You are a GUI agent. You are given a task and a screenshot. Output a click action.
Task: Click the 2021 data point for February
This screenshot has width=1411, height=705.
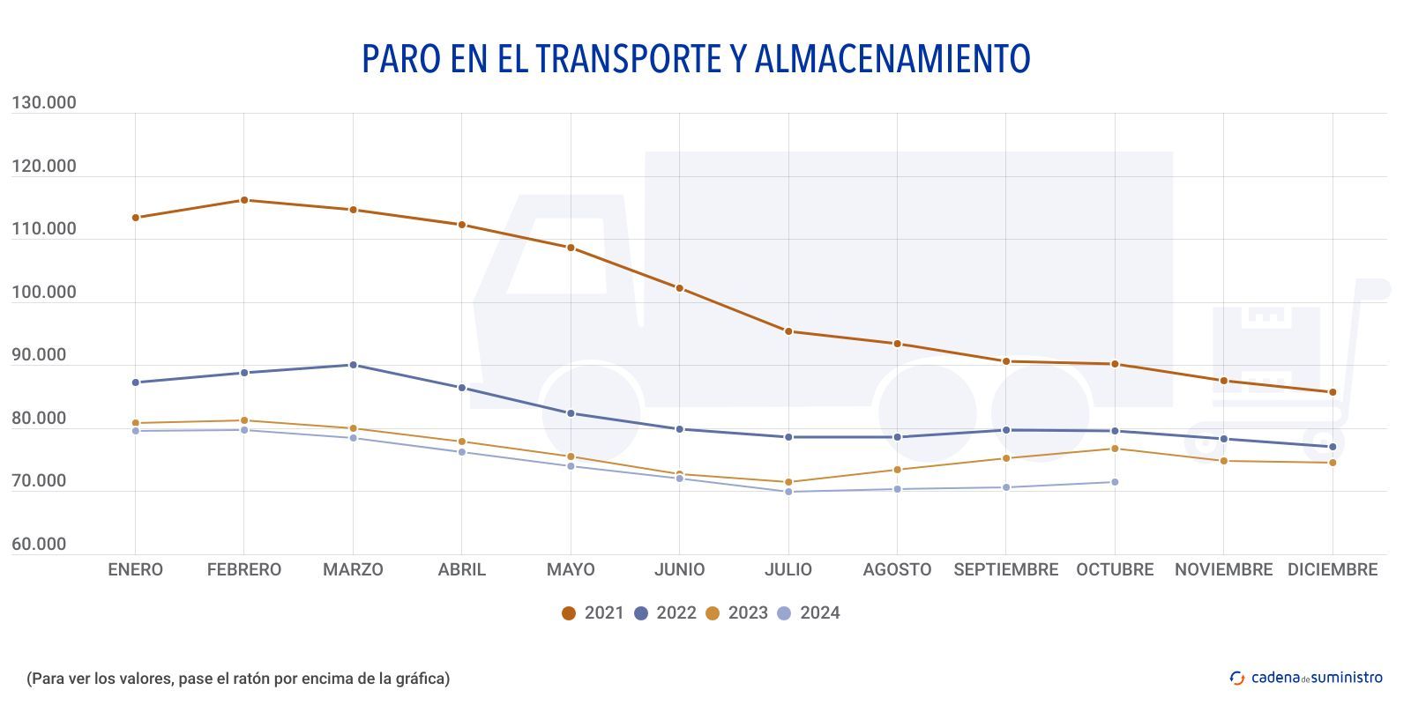(x=244, y=200)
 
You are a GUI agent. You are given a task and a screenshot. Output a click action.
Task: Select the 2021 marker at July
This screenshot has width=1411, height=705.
(x=788, y=331)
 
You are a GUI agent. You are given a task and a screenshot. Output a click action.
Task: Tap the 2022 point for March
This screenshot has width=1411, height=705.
(x=353, y=365)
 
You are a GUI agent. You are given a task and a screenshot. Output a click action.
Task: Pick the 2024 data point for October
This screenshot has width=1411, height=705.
(x=1115, y=482)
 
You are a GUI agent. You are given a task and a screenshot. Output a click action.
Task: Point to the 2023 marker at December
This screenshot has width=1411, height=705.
(x=1333, y=463)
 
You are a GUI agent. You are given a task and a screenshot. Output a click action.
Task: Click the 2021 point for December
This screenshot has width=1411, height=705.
(x=1333, y=392)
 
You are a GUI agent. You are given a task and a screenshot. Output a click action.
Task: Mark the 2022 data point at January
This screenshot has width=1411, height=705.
(x=135, y=382)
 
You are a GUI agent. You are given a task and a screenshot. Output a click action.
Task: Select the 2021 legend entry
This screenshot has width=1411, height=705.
(x=593, y=613)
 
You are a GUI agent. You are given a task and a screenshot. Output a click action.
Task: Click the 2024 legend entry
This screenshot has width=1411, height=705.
(x=809, y=613)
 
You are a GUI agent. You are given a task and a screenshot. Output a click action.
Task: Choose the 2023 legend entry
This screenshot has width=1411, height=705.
(x=736, y=613)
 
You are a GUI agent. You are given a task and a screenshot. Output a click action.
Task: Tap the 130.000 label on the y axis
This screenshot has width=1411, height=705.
(x=44, y=103)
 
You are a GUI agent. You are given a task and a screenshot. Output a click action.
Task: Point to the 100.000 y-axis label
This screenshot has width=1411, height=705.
(x=44, y=293)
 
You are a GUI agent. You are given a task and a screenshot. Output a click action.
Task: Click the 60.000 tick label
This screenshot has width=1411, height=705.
(x=39, y=545)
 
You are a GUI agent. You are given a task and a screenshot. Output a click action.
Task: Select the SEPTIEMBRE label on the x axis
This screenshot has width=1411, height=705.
(x=1005, y=570)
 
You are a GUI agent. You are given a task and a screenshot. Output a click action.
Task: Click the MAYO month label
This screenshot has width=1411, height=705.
(x=571, y=570)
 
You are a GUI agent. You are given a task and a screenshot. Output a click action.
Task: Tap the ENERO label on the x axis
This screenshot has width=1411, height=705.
(x=135, y=570)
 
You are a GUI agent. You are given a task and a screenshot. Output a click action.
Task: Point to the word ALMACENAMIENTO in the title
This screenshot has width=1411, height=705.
(x=892, y=59)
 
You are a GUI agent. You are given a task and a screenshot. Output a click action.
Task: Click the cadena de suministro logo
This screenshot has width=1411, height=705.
(x=1306, y=678)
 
